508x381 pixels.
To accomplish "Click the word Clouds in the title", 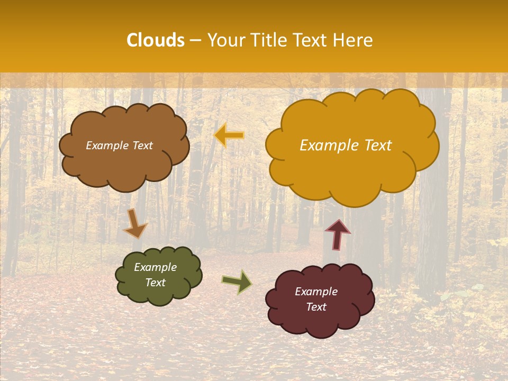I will (x=156, y=40).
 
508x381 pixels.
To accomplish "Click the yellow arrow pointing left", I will (x=229, y=135).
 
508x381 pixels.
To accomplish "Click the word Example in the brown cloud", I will (x=107, y=146).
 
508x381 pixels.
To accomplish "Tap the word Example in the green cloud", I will (x=155, y=267).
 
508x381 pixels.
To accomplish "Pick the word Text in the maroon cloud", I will (x=316, y=307).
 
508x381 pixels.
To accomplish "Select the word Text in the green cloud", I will (x=155, y=283).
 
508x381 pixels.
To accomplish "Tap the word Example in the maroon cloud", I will (x=316, y=292).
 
